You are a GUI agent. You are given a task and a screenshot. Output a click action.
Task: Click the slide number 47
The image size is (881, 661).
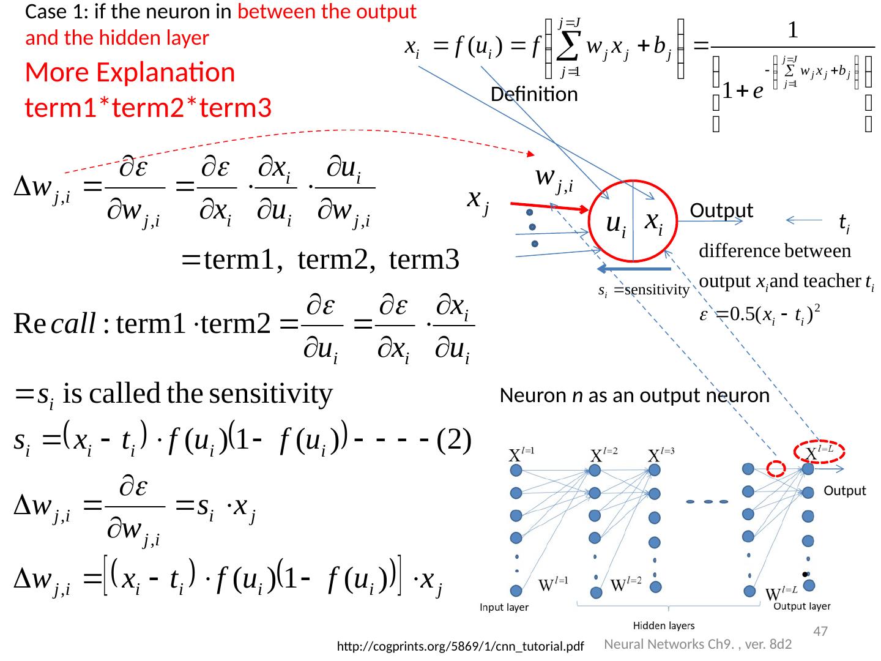(820, 631)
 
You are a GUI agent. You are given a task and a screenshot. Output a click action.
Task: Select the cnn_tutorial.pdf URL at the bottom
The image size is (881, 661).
(461, 646)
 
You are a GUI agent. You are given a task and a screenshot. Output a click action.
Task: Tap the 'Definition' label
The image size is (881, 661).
(534, 94)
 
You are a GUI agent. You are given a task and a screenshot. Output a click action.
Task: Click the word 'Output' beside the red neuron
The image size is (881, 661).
(721, 211)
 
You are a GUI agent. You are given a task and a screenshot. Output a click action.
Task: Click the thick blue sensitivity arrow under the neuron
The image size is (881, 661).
(633, 269)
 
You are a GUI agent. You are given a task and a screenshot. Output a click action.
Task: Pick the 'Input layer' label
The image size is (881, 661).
(504, 608)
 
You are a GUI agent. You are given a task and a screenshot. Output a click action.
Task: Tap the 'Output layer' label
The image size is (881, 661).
(802, 607)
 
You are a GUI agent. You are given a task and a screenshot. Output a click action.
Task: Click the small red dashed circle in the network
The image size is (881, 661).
(776, 469)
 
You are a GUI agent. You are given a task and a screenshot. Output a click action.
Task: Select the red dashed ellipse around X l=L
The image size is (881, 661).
(819, 452)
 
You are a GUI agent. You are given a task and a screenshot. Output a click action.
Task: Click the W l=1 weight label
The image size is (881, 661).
(554, 585)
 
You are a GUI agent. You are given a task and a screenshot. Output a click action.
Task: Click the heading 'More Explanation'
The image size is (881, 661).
(130, 73)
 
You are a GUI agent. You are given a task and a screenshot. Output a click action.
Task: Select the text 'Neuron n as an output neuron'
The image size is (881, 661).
(634, 396)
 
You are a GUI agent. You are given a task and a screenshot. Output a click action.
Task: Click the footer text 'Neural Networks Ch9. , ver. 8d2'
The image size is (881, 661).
(697, 644)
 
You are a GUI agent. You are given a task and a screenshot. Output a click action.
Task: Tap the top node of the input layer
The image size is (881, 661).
(515, 470)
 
